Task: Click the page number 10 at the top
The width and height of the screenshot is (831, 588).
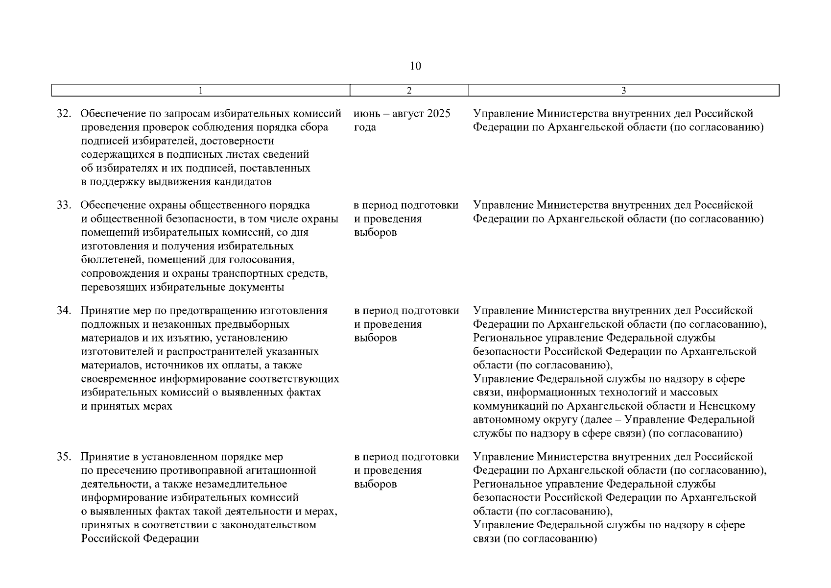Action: pyautogui.click(x=415, y=66)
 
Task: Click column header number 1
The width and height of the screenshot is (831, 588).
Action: pyautogui.click(x=200, y=90)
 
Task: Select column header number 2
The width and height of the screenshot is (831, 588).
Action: pyautogui.click(x=409, y=90)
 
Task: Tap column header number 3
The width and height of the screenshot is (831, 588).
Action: pyautogui.click(x=623, y=90)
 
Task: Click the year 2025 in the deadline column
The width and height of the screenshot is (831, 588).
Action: pyautogui.click(x=438, y=114)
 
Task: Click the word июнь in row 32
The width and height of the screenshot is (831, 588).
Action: pyautogui.click(x=367, y=114)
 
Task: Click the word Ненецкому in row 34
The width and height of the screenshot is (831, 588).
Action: pyautogui.click(x=727, y=406)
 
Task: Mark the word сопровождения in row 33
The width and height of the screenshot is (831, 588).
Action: pyautogui.click(x=116, y=273)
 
